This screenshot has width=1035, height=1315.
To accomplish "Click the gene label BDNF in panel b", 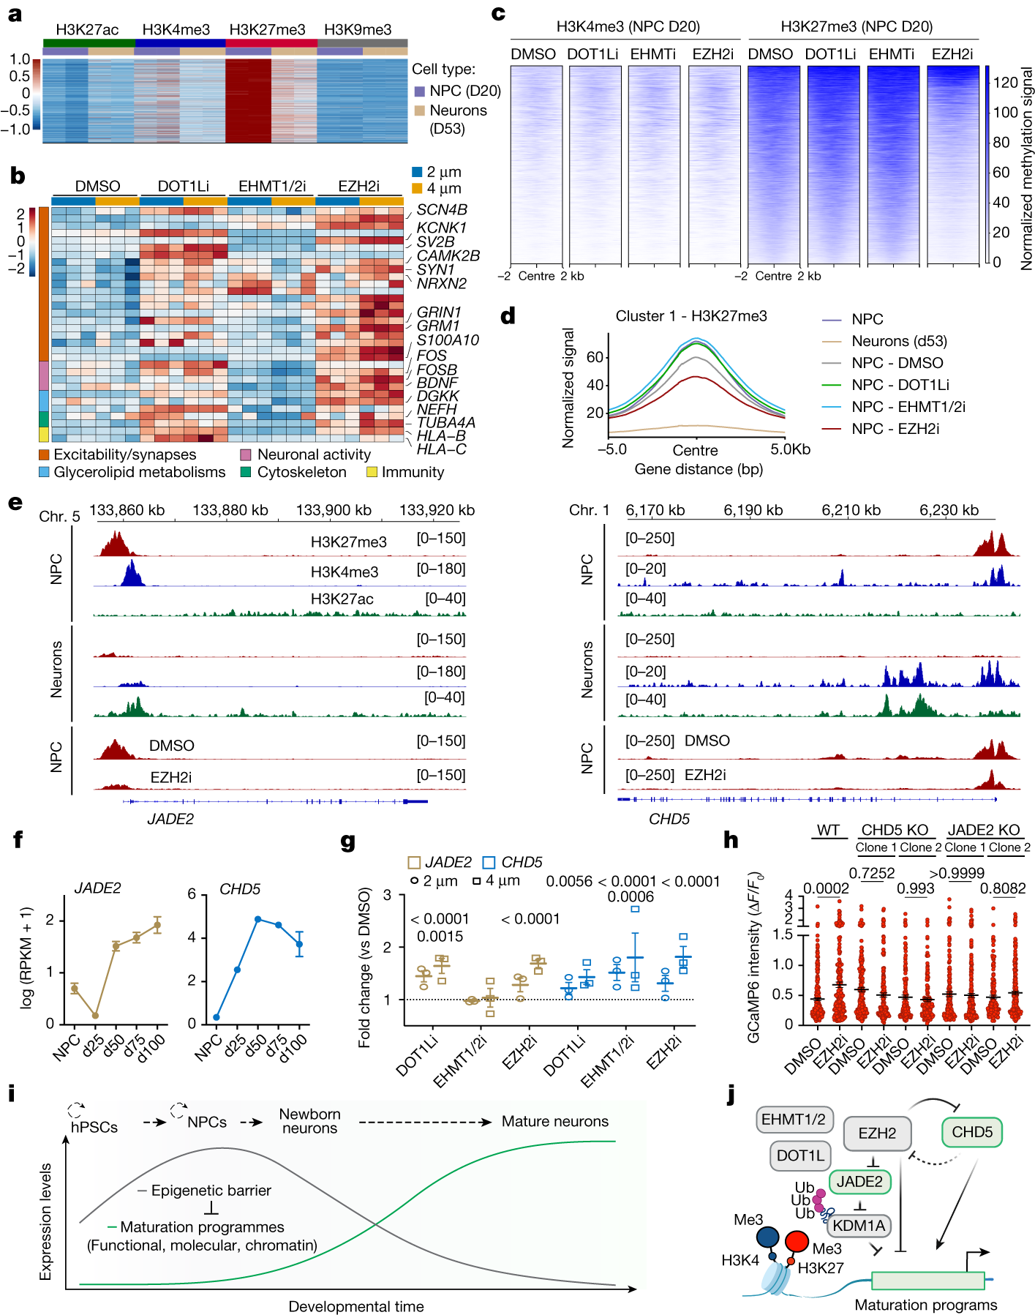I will [x=437, y=383].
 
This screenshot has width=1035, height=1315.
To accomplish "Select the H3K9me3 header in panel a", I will [x=358, y=29].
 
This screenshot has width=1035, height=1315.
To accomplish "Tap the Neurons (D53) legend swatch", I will [x=420, y=110].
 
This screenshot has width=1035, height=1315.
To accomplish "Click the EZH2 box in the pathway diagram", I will [x=877, y=1133].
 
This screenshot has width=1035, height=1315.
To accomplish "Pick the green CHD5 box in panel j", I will [x=971, y=1132].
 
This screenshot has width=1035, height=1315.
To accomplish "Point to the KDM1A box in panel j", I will [x=858, y=1225].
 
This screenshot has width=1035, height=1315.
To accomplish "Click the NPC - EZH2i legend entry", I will [x=895, y=429].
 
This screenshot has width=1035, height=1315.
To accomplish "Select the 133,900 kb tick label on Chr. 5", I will [x=334, y=510].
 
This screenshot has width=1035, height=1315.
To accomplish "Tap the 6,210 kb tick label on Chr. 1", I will [x=851, y=510].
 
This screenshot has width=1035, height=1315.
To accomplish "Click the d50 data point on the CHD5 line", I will [x=258, y=919].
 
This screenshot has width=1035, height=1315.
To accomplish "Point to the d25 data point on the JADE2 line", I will [x=95, y=1016].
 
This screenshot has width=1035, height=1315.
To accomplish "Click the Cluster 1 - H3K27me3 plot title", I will [x=691, y=316].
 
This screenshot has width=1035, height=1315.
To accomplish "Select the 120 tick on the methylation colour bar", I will [x=1005, y=82].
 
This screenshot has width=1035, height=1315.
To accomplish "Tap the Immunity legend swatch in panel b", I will [x=372, y=472].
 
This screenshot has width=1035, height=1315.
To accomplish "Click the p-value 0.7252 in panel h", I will [x=871, y=873].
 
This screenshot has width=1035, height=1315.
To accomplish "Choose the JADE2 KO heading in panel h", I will [x=983, y=830].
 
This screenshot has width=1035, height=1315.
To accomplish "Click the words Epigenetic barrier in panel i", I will [x=211, y=1191].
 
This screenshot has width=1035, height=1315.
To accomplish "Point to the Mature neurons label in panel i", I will [x=554, y=1121].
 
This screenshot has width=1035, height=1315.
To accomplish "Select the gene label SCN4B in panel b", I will [x=442, y=210].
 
